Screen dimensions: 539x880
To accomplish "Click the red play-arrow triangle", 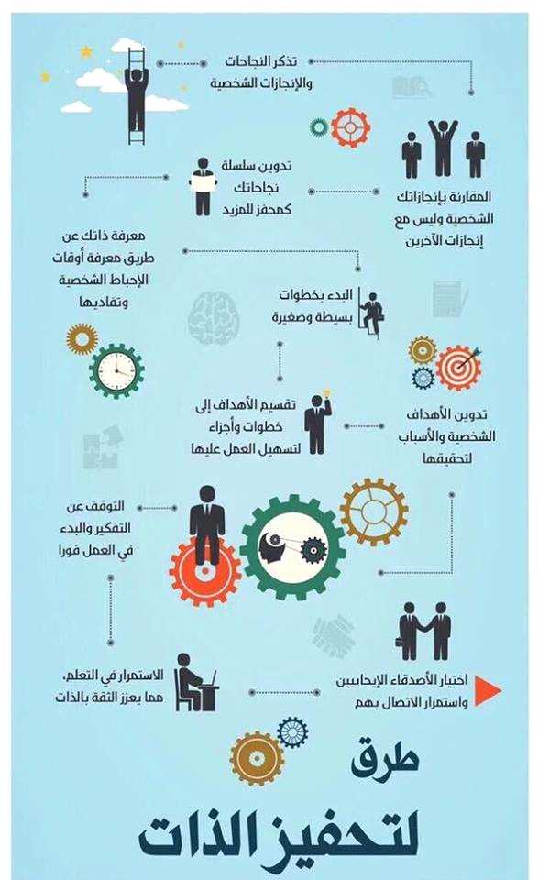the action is (488, 690).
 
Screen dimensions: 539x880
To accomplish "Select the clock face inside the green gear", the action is (116, 370).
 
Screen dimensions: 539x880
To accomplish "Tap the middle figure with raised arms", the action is (444, 148).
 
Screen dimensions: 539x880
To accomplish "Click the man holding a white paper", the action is (203, 186).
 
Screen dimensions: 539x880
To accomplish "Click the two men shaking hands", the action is (424, 632).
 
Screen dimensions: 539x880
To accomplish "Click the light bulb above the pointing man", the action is (326, 392).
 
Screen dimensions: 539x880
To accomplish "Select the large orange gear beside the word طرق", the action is (258, 759).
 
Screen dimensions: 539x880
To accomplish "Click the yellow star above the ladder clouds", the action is (86, 52).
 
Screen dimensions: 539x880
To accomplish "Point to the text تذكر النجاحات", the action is (260, 61).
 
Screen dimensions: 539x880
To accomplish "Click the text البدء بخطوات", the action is (315, 294).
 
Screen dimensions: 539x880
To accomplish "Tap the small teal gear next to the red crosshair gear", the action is (319, 127).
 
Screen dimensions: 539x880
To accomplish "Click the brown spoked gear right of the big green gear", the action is (374, 511).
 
